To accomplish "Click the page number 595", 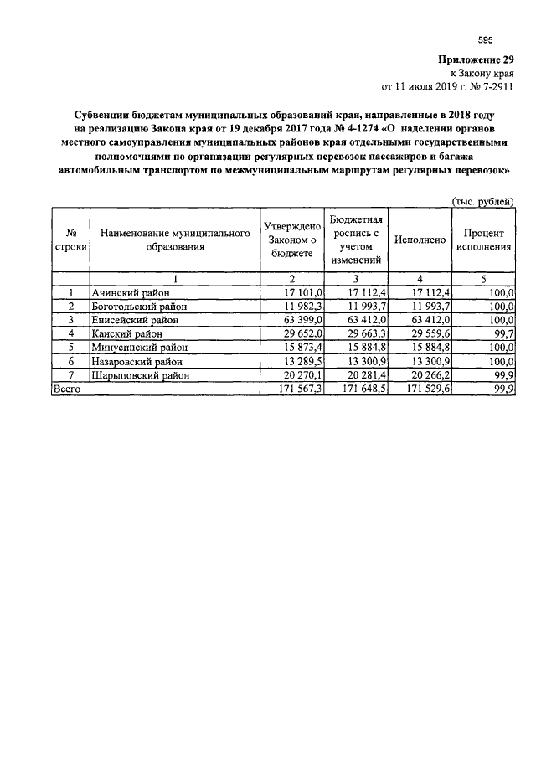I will pos(485,40).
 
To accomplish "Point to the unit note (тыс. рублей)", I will pos(483,201).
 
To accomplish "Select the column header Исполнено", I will pos(420,240).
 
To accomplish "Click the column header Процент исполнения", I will pos(484,240).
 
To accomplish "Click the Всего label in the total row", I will pos(66,389).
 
